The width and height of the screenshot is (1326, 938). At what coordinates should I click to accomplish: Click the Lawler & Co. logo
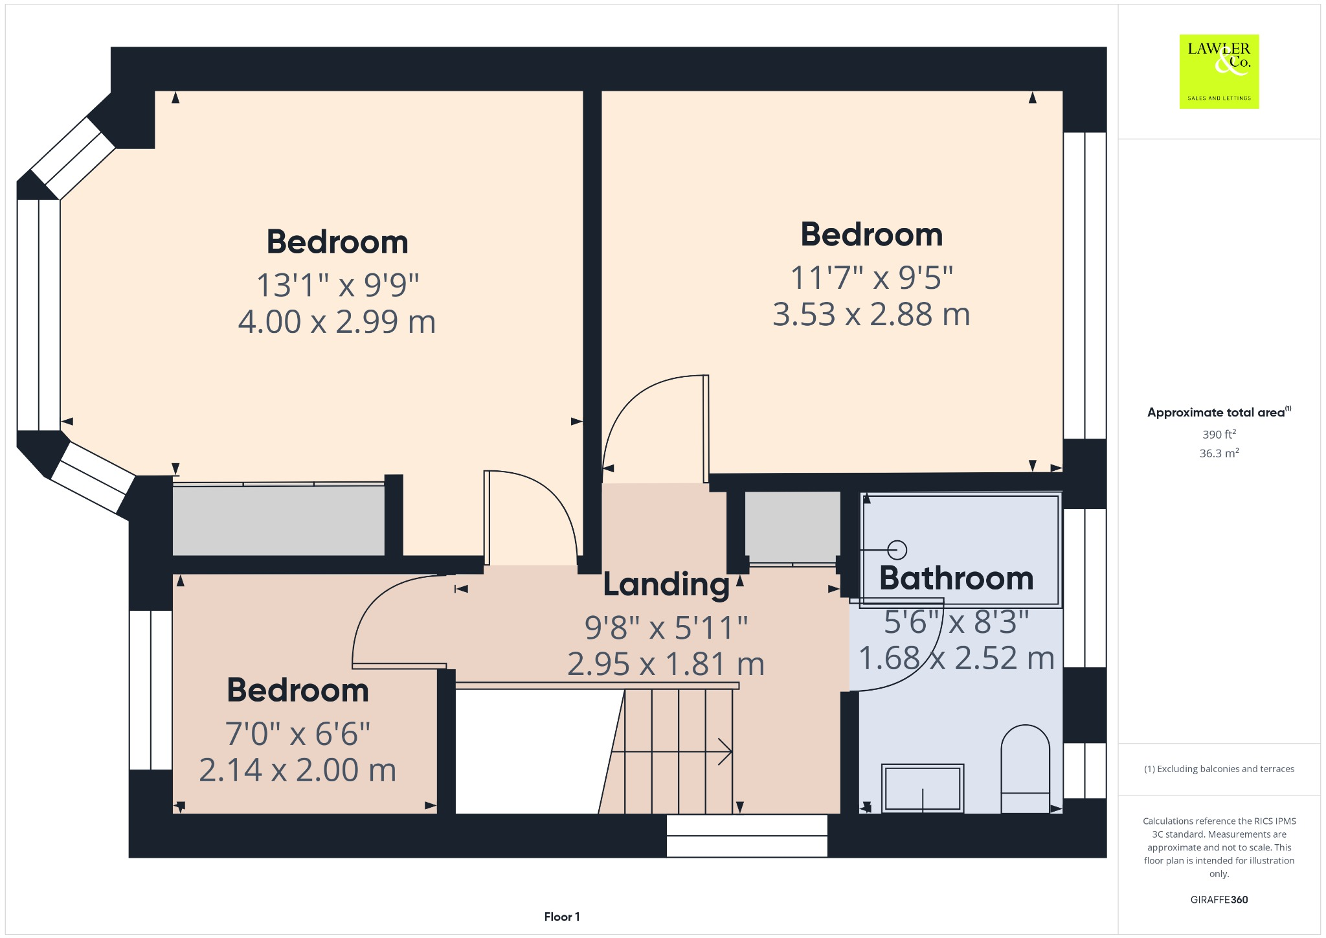[x=1219, y=71]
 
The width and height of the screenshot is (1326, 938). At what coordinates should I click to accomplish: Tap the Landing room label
[x=666, y=584]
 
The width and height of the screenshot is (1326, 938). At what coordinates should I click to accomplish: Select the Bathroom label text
[x=956, y=578]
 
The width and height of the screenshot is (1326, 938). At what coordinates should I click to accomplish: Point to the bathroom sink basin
[x=923, y=788]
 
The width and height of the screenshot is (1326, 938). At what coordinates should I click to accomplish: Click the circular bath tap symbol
[x=897, y=550]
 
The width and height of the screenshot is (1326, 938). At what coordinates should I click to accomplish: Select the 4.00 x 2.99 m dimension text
[x=337, y=322]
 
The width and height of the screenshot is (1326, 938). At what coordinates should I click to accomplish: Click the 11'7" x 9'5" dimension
[x=871, y=278]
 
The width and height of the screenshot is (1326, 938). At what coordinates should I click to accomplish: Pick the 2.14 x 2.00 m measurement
[x=297, y=770]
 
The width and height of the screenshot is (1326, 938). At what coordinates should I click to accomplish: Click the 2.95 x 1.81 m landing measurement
[x=666, y=664]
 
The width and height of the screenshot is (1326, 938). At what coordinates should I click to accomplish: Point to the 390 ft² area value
[x=1219, y=435]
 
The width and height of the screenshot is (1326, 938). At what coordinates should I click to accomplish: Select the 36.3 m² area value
[x=1219, y=453]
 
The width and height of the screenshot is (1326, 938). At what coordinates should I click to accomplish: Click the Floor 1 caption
[x=561, y=917]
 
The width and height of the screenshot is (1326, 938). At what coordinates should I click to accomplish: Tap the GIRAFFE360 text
[x=1219, y=899]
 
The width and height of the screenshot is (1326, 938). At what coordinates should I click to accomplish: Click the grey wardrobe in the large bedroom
[x=278, y=520]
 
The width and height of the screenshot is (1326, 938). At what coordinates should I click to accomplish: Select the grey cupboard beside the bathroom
[x=792, y=527]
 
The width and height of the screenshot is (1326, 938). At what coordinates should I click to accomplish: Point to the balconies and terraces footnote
[x=1219, y=769]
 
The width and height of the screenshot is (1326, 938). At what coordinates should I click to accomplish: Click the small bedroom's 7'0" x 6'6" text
[x=297, y=734]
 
